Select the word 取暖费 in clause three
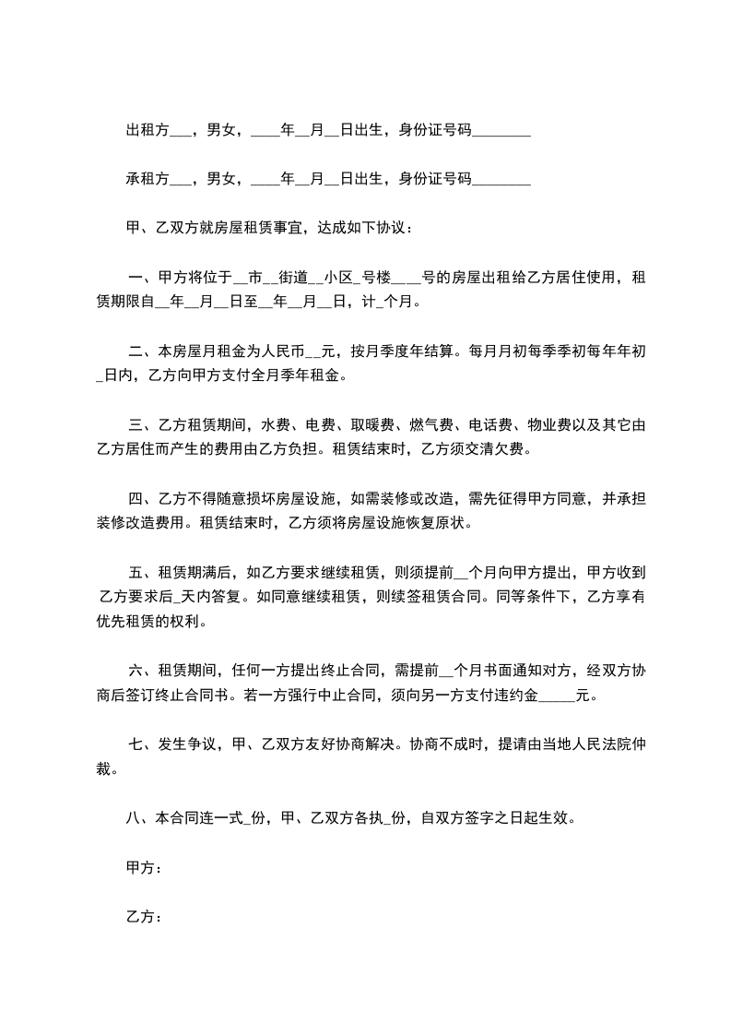(x=371, y=425)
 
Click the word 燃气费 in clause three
(x=431, y=425)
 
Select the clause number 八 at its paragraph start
(x=134, y=817)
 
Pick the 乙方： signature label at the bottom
(x=145, y=917)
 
